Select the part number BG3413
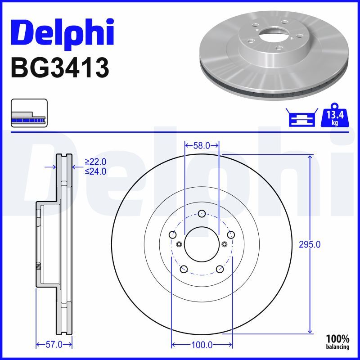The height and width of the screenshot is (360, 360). pyautogui.click(x=60, y=68)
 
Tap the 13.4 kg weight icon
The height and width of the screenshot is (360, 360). pyautogui.click(x=335, y=116)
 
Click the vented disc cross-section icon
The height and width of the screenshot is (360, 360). pyautogui.click(x=29, y=113)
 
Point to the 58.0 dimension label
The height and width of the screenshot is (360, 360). pyautogui.click(x=202, y=145)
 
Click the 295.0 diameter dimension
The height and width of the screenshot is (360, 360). pyautogui.click(x=310, y=245)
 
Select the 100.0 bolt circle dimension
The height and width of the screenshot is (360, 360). pyautogui.click(x=202, y=345)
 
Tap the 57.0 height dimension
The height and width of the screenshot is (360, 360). pyautogui.click(x=54, y=345)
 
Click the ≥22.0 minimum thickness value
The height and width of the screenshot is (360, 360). pyautogui.click(x=95, y=162)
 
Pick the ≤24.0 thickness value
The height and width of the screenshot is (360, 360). pyautogui.click(x=95, y=171)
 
